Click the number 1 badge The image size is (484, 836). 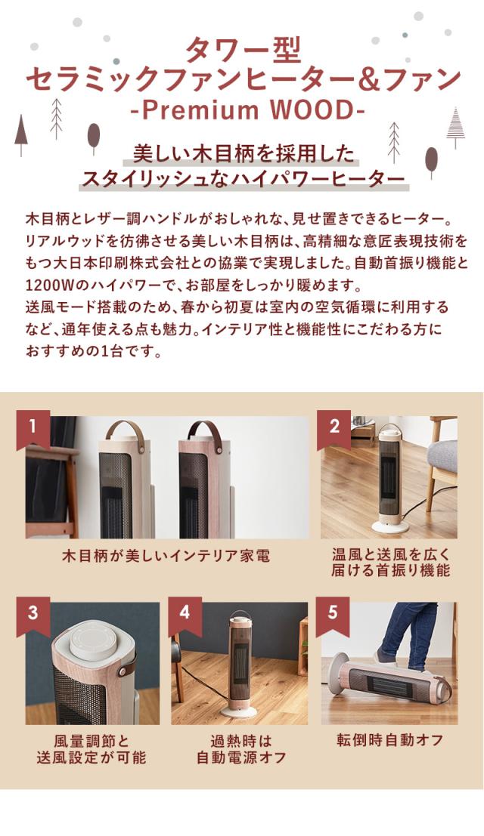(33, 427)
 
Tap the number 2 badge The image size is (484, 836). (334, 427)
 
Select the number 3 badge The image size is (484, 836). (33, 612)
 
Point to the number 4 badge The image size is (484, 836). (185, 612)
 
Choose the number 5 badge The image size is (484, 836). (333, 612)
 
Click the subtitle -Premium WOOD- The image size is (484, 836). (242, 110)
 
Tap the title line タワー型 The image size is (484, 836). (243, 51)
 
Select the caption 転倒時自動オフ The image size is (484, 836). (390, 739)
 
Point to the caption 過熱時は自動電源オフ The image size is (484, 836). (241, 748)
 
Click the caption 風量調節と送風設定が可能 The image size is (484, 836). (92, 748)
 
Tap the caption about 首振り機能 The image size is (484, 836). (390, 563)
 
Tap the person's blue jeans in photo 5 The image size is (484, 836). (401, 634)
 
